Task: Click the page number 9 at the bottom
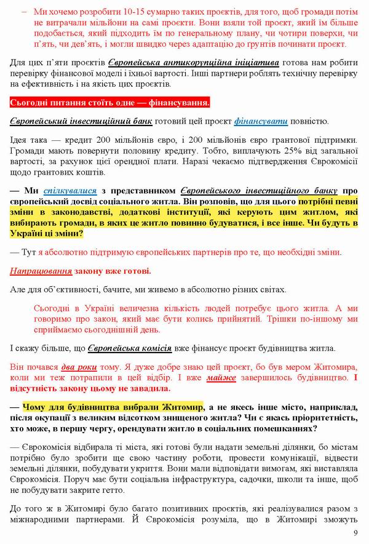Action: coord(355,533)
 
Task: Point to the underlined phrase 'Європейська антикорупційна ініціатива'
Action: coord(194,63)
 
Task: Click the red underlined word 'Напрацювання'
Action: coord(41,271)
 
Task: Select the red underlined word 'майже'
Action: coord(221,378)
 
